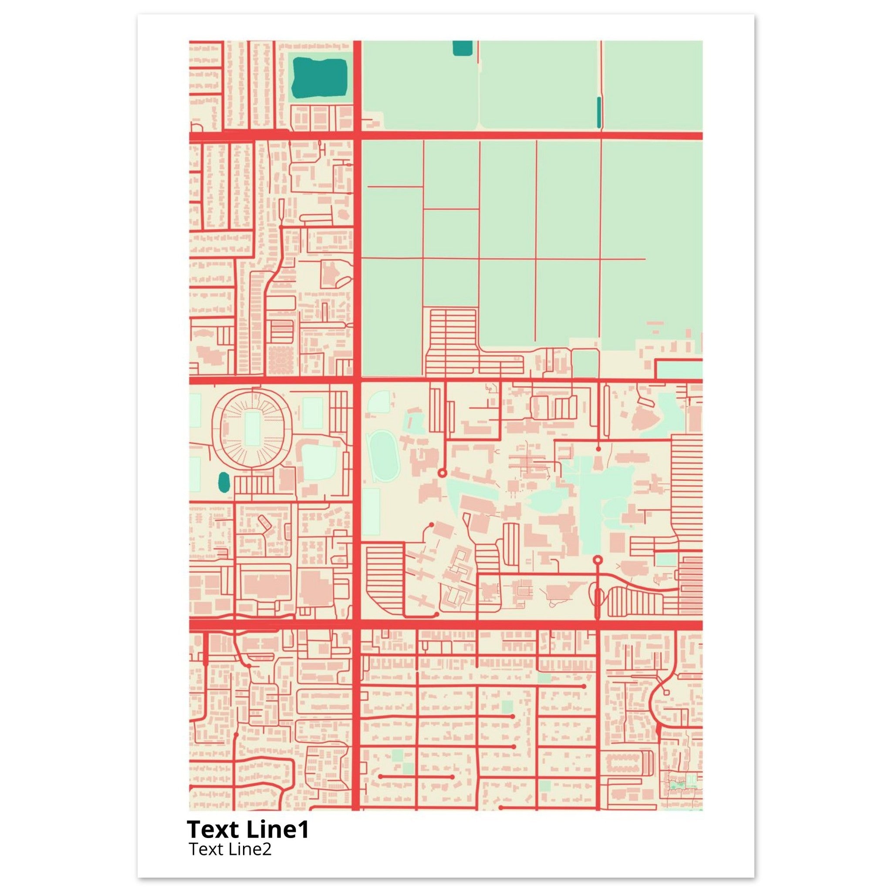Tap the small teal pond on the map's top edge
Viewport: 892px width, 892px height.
[x=462, y=47]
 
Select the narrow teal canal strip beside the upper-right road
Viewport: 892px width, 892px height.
[x=599, y=112]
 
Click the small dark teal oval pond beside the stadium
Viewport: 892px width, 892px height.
[x=224, y=482]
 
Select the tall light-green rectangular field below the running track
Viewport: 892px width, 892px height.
[x=371, y=512]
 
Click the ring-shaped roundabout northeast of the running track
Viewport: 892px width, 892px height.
[x=442, y=473]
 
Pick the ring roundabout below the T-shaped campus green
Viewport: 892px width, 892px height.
[x=598, y=560]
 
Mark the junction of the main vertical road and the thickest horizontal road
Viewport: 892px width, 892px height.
[x=357, y=625]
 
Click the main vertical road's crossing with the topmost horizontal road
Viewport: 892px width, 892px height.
[x=357, y=135]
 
